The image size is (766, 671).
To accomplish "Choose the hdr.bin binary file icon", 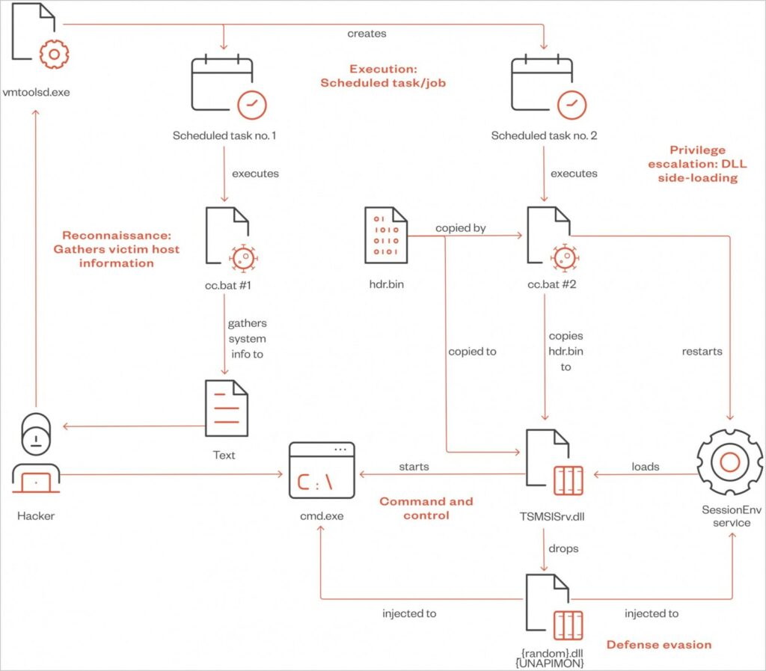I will [x=386, y=236].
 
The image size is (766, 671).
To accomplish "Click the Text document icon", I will [x=226, y=408].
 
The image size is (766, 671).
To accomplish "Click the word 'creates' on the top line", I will [x=367, y=34].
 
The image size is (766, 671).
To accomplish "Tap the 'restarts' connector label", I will [x=702, y=351].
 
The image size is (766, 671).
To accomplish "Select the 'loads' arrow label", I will [x=645, y=466].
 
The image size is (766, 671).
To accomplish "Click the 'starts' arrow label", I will [x=414, y=466].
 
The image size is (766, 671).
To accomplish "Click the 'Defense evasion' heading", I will [x=659, y=644].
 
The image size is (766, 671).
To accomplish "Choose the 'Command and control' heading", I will [x=426, y=508].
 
